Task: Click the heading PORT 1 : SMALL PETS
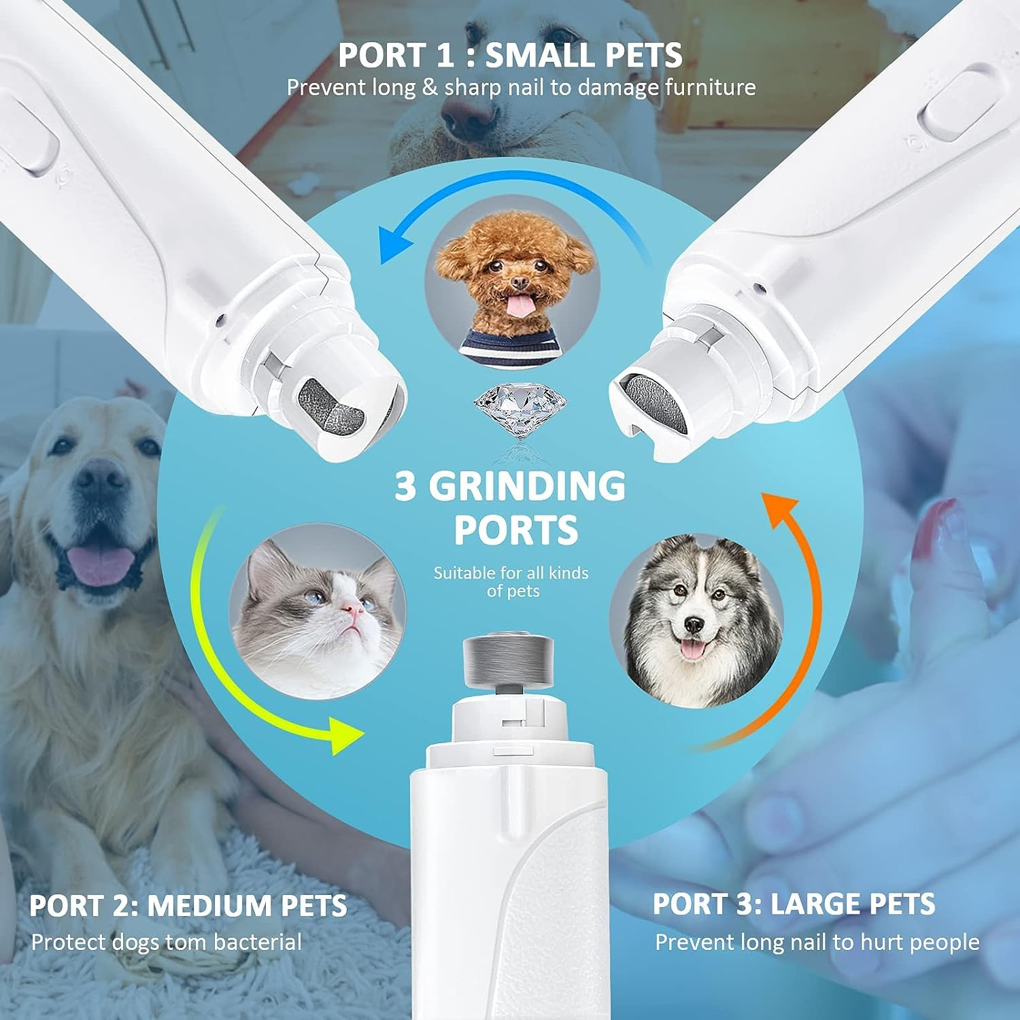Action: click(x=510, y=55)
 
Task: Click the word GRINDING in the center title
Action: click(x=526, y=487)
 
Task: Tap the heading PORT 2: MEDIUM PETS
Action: click(x=188, y=906)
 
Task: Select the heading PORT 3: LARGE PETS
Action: click(x=794, y=904)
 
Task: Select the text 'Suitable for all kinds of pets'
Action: click(x=511, y=581)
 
